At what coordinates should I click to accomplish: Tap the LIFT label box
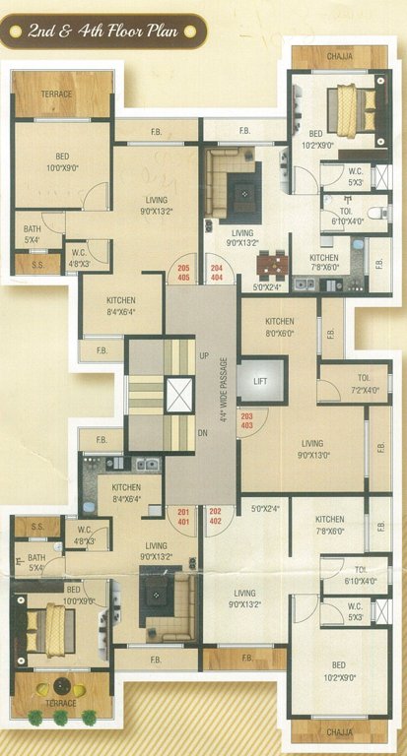[261, 380]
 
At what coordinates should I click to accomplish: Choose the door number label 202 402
[216, 516]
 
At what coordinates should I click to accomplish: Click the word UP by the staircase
[204, 354]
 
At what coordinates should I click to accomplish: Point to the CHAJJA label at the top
[340, 57]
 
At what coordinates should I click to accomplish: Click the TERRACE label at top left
[56, 94]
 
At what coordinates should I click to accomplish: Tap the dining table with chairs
[272, 266]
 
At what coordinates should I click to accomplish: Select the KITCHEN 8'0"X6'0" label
[279, 327]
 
